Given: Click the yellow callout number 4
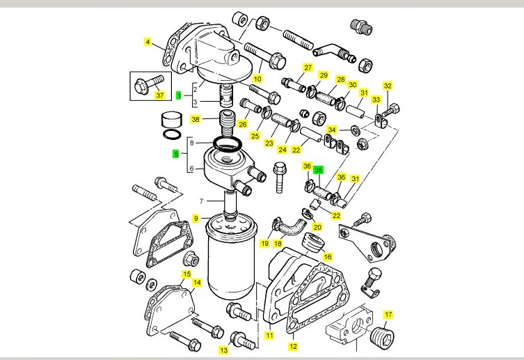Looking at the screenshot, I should pos(148,42).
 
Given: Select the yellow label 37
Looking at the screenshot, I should pos(159,95).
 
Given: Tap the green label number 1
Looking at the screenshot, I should pos(178,94).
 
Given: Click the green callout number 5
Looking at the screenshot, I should pos(176,153).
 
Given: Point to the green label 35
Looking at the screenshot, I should pos(318,170).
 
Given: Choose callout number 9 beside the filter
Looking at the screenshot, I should pos(196,219).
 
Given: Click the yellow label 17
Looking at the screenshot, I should pos(388,314).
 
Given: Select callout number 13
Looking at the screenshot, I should pos(223,350).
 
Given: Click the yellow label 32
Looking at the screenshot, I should pos(388,86).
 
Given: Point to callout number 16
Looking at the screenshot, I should pos(328,256).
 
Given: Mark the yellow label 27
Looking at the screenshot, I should pos(306,68).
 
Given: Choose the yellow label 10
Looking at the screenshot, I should pos(257,79).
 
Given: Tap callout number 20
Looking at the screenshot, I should pos(317,227).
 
